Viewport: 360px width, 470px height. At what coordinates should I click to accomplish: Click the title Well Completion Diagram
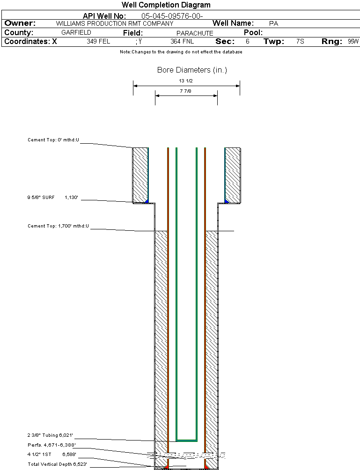tap(166, 5)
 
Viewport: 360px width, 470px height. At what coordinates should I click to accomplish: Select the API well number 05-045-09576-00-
tap(172, 16)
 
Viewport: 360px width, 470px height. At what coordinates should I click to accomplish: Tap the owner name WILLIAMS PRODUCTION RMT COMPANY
tap(114, 23)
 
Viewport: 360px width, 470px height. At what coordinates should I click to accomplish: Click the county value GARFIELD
tap(76, 33)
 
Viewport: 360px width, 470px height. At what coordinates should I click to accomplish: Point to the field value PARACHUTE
tap(195, 33)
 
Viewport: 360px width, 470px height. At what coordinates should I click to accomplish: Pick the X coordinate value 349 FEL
tap(98, 42)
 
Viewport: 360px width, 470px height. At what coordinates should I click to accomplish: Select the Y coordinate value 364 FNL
tap(182, 42)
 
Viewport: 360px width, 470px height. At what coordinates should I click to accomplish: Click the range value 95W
tap(353, 42)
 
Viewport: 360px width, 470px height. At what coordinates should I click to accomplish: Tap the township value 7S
tap(300, 42)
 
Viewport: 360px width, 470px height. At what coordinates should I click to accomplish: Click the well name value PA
tap(274, 23)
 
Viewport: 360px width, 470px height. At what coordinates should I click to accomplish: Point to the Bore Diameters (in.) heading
tap(192, 70)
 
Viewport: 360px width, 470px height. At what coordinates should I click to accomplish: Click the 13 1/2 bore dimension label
tap(186, 81)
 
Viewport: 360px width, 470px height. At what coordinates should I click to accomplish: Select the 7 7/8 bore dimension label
tap(185, 91)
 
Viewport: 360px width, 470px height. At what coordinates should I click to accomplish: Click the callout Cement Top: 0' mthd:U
tap(53, 140)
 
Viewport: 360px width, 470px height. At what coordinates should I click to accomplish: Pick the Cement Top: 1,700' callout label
tap(58, 227)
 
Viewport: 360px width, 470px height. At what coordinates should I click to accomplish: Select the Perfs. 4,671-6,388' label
tap(51, 445)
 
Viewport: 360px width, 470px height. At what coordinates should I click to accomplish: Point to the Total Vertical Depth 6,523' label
tap(57, 464)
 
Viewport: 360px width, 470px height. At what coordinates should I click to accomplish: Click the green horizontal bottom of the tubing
tap(186, 441)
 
